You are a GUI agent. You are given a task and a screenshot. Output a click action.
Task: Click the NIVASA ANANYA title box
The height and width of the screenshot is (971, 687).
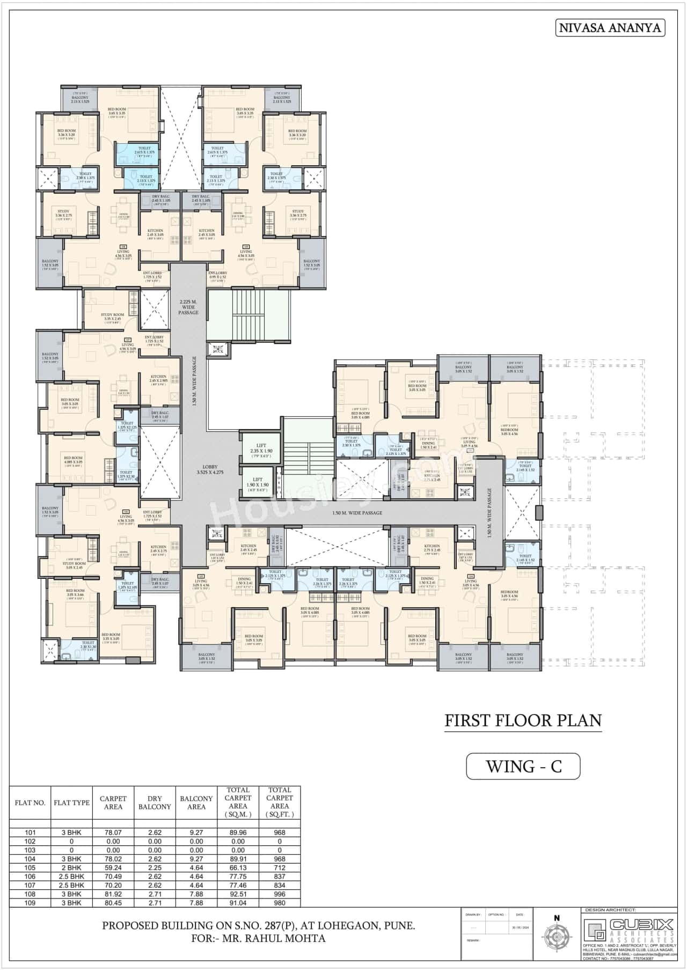[610, 28]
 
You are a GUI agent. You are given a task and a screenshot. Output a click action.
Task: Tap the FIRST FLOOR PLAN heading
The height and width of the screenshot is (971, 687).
[523, 720]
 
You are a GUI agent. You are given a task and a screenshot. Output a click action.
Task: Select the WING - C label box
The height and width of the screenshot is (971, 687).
[523, 766]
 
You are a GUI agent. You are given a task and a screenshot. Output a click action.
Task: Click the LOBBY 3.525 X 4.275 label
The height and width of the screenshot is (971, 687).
[210, 469]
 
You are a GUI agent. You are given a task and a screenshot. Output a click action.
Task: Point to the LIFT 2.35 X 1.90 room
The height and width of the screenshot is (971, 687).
[261, 448]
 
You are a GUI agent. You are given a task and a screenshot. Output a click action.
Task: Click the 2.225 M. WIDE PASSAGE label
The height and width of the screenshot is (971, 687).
[188, 307]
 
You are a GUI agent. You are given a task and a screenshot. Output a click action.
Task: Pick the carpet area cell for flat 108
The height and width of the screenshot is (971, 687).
[113, 894]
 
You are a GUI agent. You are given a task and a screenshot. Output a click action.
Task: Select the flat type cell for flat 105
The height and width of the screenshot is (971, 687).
[71, 867]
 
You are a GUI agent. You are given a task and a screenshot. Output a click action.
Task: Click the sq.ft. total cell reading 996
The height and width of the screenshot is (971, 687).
[279, 894]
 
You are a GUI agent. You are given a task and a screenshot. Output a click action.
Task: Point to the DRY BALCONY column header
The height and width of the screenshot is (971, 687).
[155, 803]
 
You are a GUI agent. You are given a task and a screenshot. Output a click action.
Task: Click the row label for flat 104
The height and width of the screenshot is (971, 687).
[30, 859]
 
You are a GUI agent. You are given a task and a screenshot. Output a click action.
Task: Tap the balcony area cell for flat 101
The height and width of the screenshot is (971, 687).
[196, 833]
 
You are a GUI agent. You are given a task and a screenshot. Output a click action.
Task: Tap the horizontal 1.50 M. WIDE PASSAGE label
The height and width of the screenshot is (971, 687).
[357, 513]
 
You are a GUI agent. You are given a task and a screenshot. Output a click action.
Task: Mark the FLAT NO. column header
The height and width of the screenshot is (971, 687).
[30, 803]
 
